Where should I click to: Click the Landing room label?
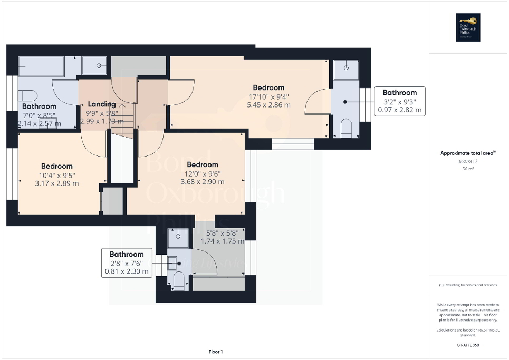[x=101, y=104]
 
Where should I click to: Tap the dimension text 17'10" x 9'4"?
[x=268, y=96]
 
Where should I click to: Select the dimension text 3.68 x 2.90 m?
[x=202, y=182]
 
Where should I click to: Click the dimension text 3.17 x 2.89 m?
[x=56, y=183]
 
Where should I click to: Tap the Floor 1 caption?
[x=216, y=352]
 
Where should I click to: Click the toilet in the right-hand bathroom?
[x=346, y=128]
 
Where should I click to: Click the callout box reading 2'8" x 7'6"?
[x=127, y=263]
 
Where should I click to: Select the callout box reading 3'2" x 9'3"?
[x=399, y=101]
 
